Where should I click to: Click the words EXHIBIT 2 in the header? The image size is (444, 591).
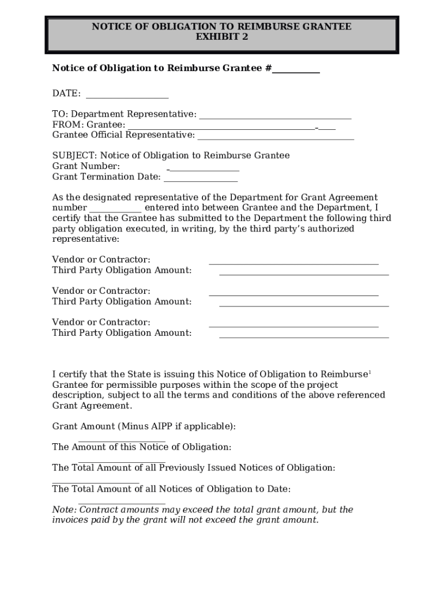[222, 37]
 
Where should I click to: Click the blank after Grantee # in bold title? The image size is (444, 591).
[296, 72]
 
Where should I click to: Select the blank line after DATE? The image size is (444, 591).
[127, 97]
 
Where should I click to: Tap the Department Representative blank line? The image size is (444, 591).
[274, 118]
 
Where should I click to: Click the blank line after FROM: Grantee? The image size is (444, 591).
[221, 128]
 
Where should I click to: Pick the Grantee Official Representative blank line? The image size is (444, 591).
[276, 139]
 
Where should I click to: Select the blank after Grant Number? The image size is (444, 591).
[204, 170]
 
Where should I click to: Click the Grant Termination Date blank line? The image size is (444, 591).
[201, 180]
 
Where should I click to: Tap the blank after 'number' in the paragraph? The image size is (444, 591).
[115, 211]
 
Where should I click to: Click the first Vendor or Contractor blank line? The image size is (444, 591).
[294, 263]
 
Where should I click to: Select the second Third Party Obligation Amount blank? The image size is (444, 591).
[304, 305]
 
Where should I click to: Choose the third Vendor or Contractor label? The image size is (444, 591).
[101, 322]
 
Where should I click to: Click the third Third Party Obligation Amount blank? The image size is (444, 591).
[304, 336]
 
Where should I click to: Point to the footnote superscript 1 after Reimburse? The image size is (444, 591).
[370, 372]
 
